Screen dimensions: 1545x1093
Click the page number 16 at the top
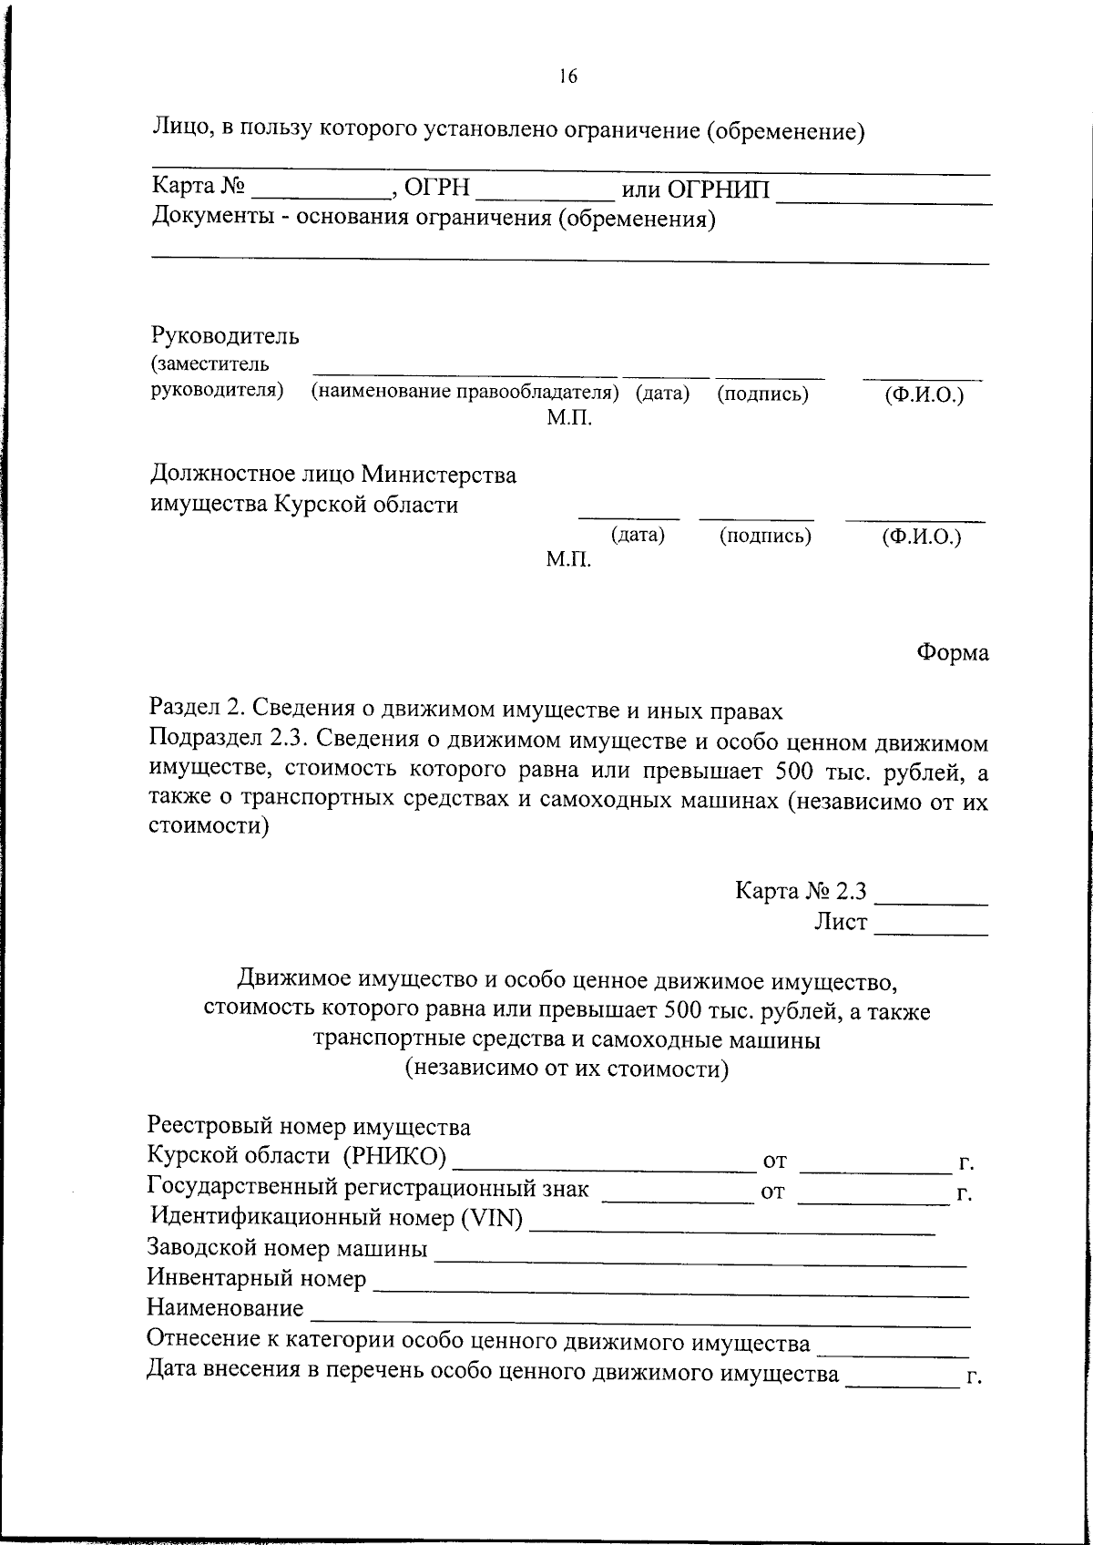point(567,77)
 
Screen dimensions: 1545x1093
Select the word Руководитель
point(225,336)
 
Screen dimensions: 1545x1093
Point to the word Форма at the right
point(953,652)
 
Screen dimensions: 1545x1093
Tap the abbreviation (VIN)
point(493,1217)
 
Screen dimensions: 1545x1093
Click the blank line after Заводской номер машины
point(700,1257)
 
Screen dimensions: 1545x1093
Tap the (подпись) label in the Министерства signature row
point(765,536)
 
